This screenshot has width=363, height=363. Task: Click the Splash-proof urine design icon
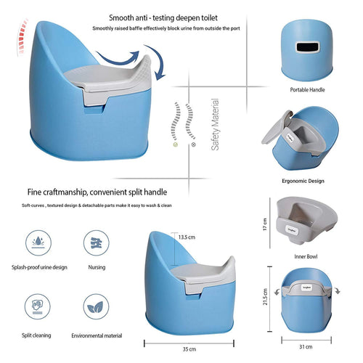38,242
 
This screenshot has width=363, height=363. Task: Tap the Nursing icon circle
97,242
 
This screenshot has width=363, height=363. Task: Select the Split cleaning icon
38,306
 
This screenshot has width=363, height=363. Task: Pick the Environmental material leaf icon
96,306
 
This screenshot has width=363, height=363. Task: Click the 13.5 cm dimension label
187,237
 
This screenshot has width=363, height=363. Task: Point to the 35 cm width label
189,349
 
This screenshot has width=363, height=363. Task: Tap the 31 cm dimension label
306,347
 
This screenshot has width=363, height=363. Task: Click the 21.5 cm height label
265,297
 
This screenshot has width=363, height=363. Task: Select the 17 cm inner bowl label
265,224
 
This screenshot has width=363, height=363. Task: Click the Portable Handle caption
307,90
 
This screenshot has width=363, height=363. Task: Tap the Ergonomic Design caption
303,181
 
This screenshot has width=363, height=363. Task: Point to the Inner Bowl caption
306,256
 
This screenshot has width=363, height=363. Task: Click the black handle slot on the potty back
307,47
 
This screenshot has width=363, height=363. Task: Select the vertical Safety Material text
215,124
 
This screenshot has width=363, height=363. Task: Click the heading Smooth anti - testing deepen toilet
163,18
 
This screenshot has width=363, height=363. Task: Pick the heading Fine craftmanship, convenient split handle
97,192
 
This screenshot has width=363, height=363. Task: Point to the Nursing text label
97,267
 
